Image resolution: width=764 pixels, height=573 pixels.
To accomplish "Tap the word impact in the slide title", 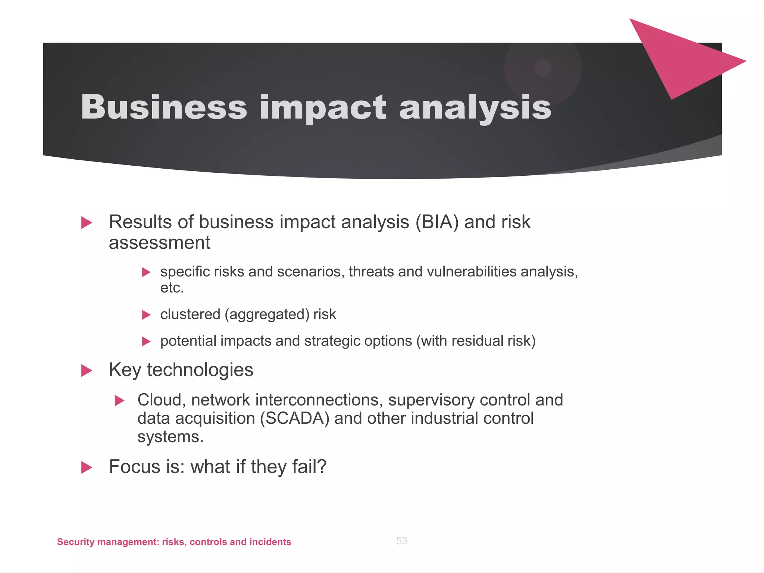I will tap(323, 108).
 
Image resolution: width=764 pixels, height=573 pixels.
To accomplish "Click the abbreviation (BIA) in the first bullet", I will tap(437, 222).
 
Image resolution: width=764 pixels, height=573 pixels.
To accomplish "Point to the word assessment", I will tap(159, 243).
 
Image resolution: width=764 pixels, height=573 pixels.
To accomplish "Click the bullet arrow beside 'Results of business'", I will tap(87, 223).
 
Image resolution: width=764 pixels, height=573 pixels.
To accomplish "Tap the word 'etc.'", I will tap(172, 288).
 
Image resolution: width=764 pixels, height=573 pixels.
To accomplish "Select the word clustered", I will tap(190, 314).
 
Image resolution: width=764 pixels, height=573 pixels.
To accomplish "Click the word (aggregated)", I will tap(267, 314).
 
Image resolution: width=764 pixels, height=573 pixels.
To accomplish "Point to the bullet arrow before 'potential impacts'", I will tap(146, 341).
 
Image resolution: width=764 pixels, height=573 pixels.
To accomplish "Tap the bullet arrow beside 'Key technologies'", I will tap(87, 371).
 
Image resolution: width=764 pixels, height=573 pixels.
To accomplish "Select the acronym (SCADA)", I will tap(294, 419).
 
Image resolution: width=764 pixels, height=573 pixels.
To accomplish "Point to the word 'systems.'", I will tap(170, 437).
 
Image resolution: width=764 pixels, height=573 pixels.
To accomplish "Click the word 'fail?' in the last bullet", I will tap(309, 467).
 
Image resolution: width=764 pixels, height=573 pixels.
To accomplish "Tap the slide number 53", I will tap(401, 541).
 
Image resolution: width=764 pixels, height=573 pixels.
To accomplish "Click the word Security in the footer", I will tap(75, 542).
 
